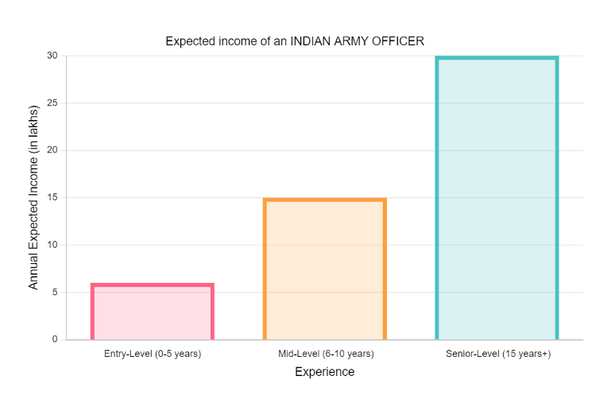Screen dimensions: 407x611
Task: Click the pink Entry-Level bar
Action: (x=153, y=312)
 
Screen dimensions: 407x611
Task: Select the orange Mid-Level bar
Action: (x=325, y=269)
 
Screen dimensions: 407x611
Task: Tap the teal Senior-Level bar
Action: (x=497, y=199)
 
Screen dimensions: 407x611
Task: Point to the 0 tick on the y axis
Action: (x=54, y=339)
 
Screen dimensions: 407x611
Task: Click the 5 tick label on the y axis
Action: (x=54, y=292)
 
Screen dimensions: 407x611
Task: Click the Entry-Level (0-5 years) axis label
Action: (x=153, y=354)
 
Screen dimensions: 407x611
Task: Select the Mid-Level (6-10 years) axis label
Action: (x=325, y=354)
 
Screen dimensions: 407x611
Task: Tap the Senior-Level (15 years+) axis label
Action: (x=498, y=354)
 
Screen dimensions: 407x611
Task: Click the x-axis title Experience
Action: (x=324, y=372)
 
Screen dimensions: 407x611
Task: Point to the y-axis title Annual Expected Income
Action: (x=33, y=197)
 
